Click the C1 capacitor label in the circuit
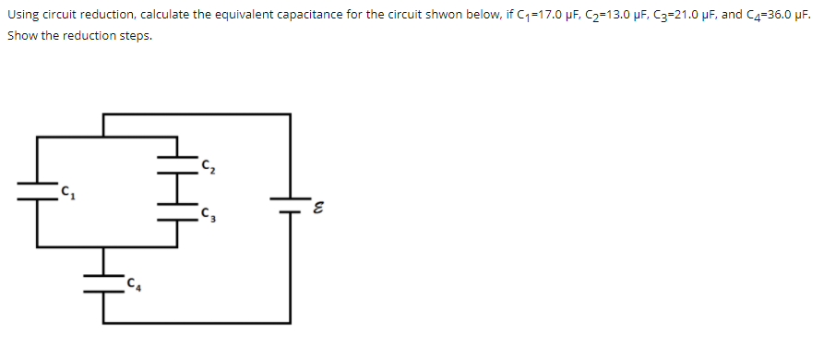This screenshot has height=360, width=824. tap(66, 192)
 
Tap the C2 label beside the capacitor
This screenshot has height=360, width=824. tap(209, 165)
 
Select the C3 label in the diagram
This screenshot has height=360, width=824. tap(209, 216)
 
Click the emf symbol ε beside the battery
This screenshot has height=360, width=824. tap(317, 208)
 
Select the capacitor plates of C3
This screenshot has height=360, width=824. tap(174, 215)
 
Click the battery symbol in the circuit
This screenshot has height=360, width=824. tap(290, 204)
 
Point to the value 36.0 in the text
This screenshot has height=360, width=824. tap(769, 16)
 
